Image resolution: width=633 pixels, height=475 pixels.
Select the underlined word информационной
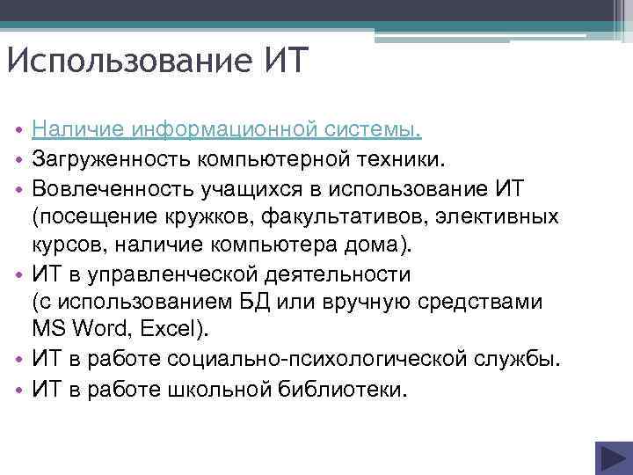223,131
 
